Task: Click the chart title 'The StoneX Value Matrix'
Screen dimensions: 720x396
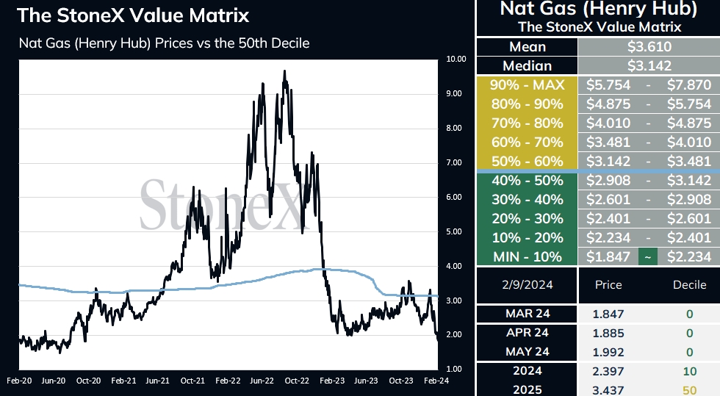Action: [x=133, y=15]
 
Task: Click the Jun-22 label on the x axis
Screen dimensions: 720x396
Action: [x=262, y=381]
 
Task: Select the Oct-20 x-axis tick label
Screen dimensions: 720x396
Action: [x=88, y=381]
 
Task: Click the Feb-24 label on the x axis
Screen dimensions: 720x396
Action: [x=436, y=381]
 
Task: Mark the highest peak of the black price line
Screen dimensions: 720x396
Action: [x=285, y=71]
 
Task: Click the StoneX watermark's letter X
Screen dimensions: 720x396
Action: [x=287, y=206]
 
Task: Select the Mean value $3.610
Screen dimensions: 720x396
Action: [x=649, y=47]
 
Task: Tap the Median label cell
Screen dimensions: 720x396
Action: [x=528, y=65]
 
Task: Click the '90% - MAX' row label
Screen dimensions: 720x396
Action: [x=528, y=85]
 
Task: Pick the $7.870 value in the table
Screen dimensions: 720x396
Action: [x=689, y=85]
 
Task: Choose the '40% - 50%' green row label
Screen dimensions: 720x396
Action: [x=528, y=181]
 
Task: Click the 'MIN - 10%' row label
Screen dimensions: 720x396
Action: [x=528, y=257]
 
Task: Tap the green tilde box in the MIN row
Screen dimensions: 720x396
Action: [x=648, y=257]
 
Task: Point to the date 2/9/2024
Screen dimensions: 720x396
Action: [x=528, y=285]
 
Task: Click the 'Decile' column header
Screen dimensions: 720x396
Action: [x=689, y=285]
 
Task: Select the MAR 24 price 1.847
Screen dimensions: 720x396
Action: [x=608, y=314]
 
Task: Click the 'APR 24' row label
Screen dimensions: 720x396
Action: [x=528, y=333]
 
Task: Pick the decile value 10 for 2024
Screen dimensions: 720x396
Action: [x=690, y=371]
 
